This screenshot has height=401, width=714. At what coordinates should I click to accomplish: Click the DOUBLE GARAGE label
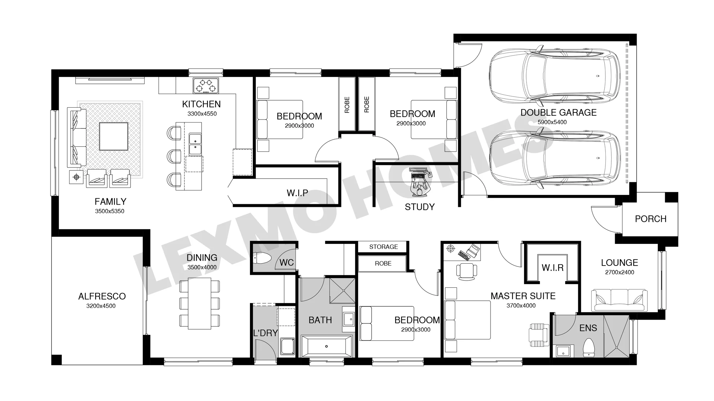558,113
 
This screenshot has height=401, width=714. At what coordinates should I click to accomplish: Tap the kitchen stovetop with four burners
206,85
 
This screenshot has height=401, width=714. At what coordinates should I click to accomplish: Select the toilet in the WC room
262,258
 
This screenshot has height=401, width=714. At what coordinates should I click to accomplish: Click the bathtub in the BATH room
326,346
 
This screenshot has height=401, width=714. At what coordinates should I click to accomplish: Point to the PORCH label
650,219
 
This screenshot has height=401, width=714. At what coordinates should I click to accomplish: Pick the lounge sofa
619,300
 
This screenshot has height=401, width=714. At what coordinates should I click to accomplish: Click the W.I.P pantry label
297,193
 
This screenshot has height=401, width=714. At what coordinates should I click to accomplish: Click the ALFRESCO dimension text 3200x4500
101,306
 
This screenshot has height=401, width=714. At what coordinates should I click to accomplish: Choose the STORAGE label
383,247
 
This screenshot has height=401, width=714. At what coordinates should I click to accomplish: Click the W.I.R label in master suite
552,268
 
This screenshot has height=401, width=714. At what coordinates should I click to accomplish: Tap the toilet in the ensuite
588,348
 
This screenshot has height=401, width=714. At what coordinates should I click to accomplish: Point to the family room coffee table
113,136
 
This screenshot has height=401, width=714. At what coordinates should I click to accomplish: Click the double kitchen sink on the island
195,144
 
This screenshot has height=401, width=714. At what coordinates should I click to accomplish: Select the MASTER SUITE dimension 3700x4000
521,306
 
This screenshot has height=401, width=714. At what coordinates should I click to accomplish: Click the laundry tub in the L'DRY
287,346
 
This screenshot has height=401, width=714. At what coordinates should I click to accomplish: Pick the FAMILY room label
110,202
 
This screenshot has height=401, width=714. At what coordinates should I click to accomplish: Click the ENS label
588,328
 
